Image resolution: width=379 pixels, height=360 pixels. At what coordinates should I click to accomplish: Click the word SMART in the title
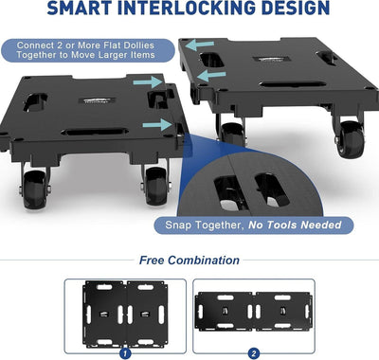(x=80, y=8)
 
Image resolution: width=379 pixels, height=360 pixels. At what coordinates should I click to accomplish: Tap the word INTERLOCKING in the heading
(x=188, y=8)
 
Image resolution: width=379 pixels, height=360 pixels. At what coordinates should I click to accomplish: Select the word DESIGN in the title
(x=296, y=8)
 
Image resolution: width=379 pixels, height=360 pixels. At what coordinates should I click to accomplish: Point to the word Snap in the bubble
(x=178, y=225)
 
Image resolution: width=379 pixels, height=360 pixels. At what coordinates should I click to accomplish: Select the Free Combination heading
(x=189, y=261)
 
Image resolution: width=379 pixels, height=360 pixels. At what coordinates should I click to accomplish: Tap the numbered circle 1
(x=125, y=353)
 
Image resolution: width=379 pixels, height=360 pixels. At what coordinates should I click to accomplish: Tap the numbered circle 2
(x=254, y=353)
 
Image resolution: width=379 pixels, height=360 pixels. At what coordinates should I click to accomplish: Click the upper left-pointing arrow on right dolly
(x=200, y=45)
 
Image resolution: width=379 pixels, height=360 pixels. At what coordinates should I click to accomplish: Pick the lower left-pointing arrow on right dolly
(x=211, y=76)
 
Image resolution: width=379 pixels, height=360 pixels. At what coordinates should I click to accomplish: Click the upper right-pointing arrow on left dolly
(x=148, y=81)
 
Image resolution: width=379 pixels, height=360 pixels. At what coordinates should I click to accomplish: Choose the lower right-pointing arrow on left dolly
(x=157, y=124)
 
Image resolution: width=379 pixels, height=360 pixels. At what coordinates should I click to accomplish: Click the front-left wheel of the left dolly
(x=34, y=189)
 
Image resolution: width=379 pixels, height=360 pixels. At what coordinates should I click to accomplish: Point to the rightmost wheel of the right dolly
(x=350, y=138)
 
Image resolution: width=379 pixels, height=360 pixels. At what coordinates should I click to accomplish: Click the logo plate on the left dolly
(x=98, y=100)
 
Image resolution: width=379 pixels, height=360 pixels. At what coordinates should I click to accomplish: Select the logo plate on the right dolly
(x=271, y=59)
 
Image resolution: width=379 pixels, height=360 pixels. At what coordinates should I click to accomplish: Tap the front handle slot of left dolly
(x=95, y=132)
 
